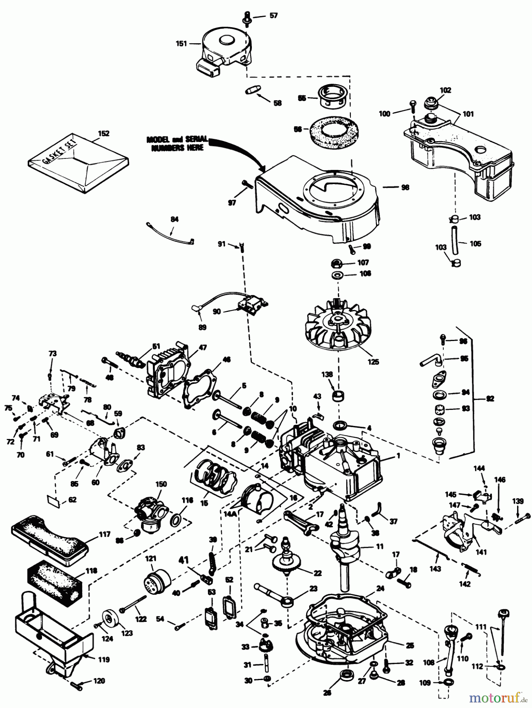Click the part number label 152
[104, 133]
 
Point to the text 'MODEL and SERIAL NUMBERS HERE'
[177, 144]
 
